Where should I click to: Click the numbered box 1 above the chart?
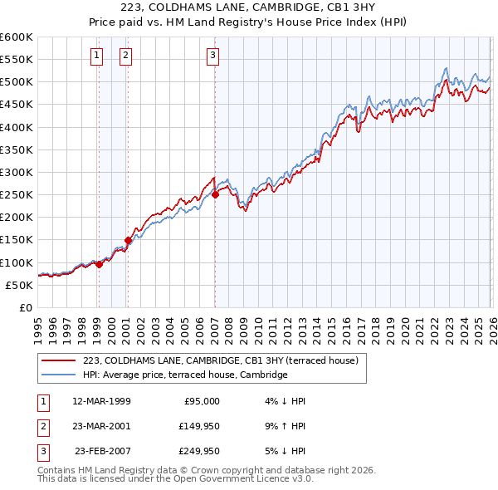click(x=98, y=56)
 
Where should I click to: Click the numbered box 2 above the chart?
click(x=125, y=56)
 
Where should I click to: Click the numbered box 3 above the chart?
click(x=212, y=56)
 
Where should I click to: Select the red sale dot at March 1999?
click(x=99, y=264)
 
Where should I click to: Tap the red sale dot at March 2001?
click(x=128, y=240)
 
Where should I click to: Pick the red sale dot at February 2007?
click(x=215, y=195)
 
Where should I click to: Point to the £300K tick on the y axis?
click(x=16, y=172)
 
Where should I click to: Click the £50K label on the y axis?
click(x=18, y=285)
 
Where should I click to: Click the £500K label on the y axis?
click(x=16, y=82)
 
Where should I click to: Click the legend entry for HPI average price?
click(x=184, y=375)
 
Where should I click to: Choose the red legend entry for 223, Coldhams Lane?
click(x=220, y=360)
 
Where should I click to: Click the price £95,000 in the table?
click(x=201, y=401)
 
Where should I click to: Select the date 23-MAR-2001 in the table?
click(x=101, y=426)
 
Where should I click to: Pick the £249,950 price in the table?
click(x=198, y=451)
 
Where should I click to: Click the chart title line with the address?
click(x=249, y=8)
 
